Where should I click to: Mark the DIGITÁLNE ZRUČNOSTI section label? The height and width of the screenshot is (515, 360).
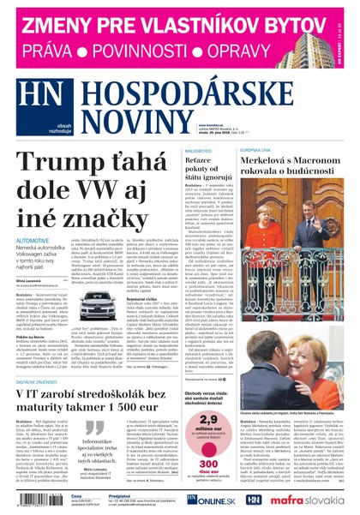pos(40,379)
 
